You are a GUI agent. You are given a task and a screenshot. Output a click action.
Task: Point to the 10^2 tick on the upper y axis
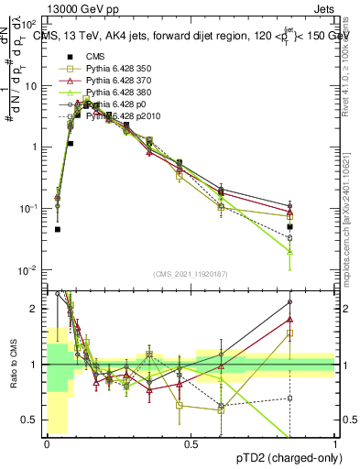29,25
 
